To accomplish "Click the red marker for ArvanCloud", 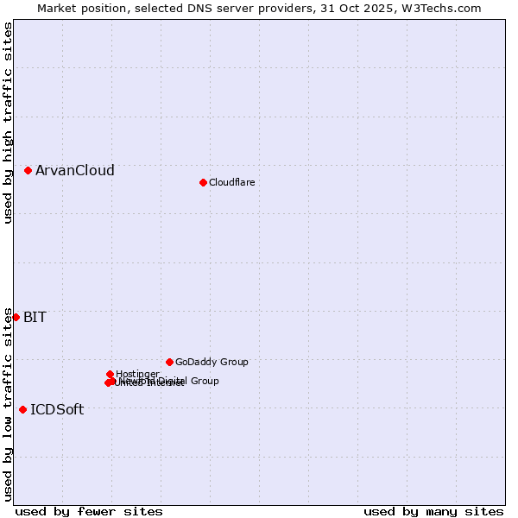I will (28, 171).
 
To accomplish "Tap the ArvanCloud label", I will (75, 171).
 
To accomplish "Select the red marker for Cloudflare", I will (203, 182).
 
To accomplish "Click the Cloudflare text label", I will (231, 182).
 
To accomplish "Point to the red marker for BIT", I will (16, 317).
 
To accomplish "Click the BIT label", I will (35, 317).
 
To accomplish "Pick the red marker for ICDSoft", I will (22, 409).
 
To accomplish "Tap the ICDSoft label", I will (57, 409).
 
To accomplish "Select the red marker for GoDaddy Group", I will (169, 362).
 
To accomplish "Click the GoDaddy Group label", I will (212, 362).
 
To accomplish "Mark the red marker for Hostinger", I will (110, 374).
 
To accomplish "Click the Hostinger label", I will (137, 374).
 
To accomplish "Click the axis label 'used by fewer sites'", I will (89, 511).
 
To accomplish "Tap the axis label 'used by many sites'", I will (433, 511).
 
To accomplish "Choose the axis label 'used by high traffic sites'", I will (8, 123).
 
